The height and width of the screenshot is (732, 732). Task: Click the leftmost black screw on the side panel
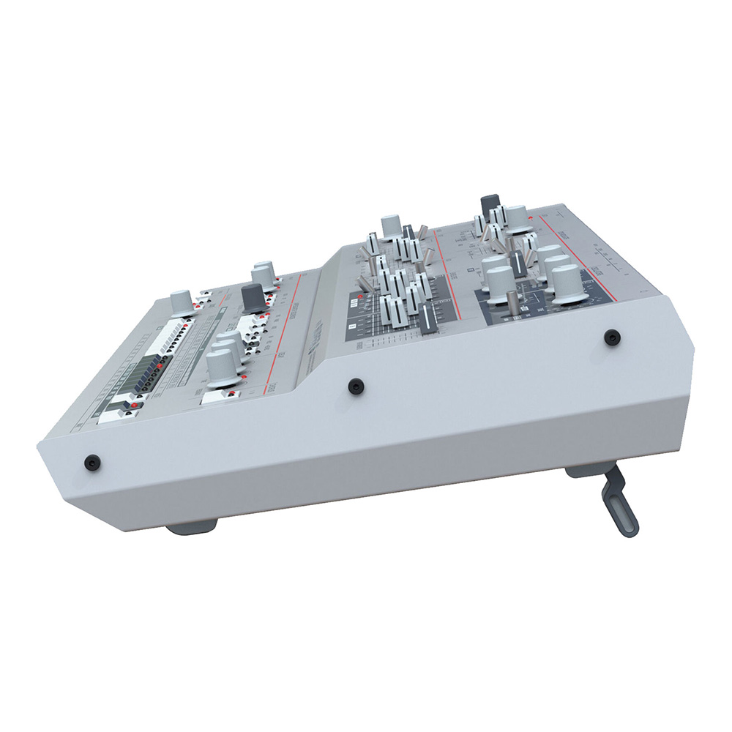pos(91,462)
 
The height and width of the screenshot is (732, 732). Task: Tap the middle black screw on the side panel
pos(356,384)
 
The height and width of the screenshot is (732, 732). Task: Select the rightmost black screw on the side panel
pos(612,337)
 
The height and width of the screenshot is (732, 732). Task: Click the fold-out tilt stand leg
pos(619,506)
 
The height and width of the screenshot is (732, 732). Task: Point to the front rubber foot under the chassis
pos(192,527)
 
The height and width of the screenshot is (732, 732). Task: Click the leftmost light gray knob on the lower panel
pos(180,300)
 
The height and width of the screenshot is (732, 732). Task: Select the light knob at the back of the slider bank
pos(391,224)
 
